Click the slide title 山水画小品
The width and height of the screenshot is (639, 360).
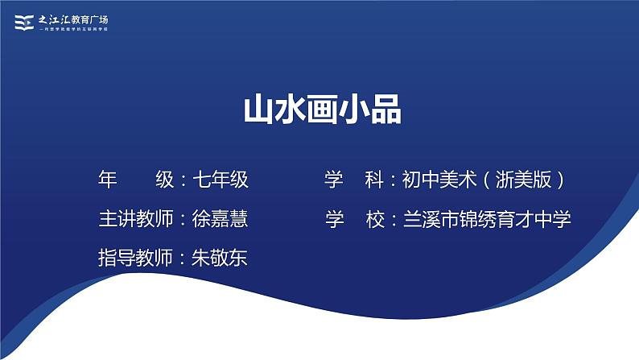(x=321, y=111)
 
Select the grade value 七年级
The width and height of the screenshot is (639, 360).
(x=221, y=180)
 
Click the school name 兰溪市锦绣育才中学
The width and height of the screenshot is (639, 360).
(x=487, y=219)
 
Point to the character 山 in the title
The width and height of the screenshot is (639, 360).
(x=258, y=111)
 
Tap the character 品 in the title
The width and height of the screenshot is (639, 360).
(x=385, y=111)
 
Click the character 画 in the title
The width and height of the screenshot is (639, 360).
(x=321, y=111)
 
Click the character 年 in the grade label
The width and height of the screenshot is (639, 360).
(x=107, y=180)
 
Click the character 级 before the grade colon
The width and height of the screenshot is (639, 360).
(x=165, y=180)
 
